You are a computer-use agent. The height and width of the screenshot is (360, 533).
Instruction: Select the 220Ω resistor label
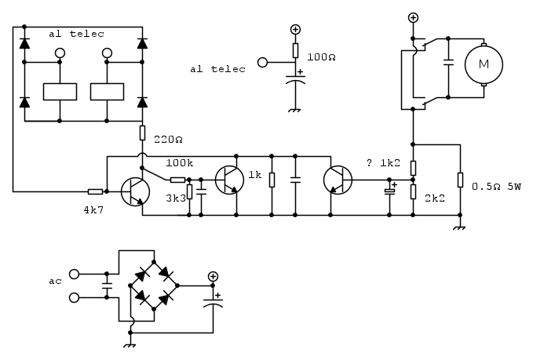click(x=168, y=140)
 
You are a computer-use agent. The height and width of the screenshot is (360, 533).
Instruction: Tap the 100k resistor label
click(x=180, y=163)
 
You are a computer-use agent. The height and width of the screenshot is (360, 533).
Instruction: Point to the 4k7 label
click(x=93, y=210)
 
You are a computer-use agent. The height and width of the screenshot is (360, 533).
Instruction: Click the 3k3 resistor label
click(x=176, y=198)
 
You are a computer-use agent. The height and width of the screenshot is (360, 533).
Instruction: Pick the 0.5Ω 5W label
click(x=496, y=187)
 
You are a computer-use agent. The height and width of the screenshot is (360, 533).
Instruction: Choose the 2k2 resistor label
click(x=435, y=198)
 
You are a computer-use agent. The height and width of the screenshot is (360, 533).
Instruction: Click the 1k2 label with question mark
click(x=383, y=163)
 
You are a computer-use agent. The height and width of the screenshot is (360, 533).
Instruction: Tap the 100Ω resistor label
click(x=321, y=57)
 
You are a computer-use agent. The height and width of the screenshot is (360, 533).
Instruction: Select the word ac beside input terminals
click(x=55, y=282)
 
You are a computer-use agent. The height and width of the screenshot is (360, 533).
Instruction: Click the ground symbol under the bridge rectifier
click(x=130, y=346)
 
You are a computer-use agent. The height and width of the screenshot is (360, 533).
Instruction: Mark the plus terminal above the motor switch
click(x=413, y=18)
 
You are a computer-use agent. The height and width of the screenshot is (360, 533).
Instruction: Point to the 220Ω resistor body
click(x=142, y=133)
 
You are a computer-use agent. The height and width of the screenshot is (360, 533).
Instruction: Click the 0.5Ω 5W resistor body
click(x=460, y=180)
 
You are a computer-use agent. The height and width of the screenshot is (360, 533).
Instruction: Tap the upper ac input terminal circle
click(x=74, y=274)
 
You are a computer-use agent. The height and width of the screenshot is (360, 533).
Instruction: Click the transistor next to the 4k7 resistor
click(x=135, y=191)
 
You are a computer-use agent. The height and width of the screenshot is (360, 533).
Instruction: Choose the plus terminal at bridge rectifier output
click(x=214, y=276)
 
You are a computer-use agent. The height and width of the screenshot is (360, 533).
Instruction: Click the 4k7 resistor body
click(x=95, y=192)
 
